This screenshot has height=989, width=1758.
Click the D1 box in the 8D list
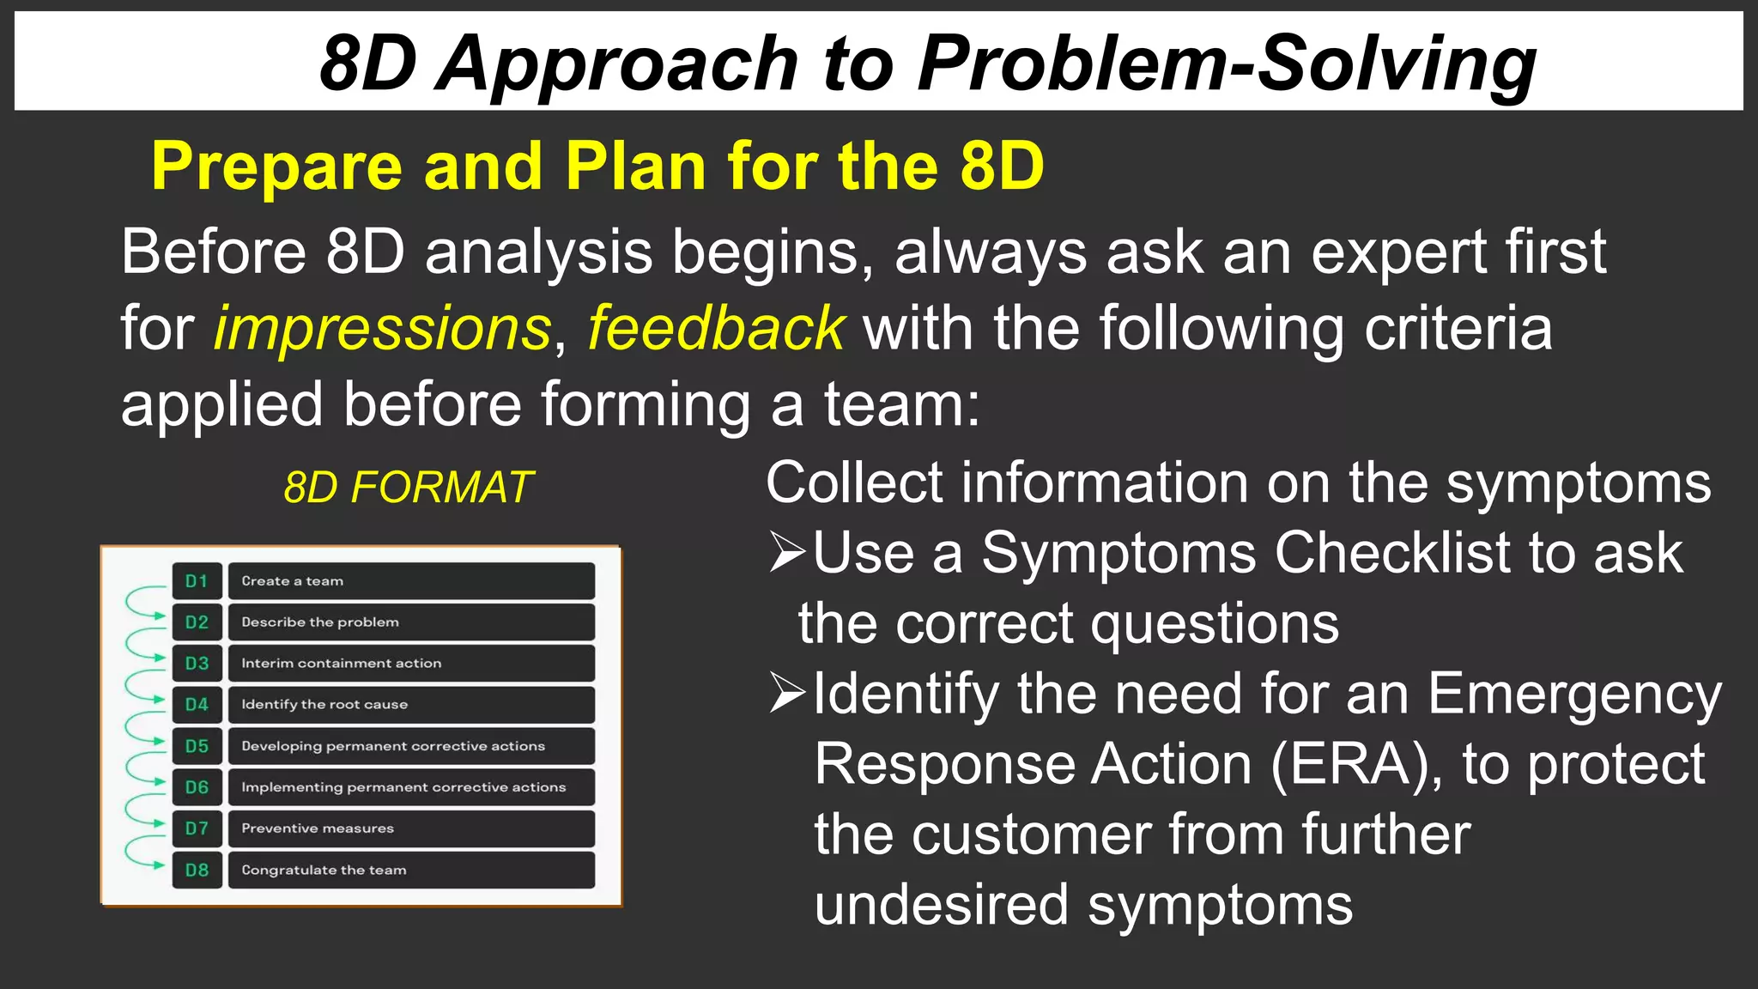(x=197, y=581)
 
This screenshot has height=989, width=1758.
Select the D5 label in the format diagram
(x=197, y=746)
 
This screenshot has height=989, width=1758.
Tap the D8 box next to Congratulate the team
(x=197, y=870)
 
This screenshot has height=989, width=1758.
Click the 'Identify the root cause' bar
(x=411, y=705)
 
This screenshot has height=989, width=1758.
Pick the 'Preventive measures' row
(x=411, y=828)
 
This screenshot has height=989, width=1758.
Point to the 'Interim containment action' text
(x=341, y=664)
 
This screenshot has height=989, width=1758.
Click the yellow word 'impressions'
(x=382, y=329)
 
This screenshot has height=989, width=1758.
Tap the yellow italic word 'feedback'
(x=716, y=329)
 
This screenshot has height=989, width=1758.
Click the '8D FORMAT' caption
(x=409, y=488)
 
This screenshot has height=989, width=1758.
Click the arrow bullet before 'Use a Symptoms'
(x=786, y=552)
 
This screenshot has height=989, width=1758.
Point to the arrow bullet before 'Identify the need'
(x=786, y=694)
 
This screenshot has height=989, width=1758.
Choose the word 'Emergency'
(x=1574, y=694)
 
